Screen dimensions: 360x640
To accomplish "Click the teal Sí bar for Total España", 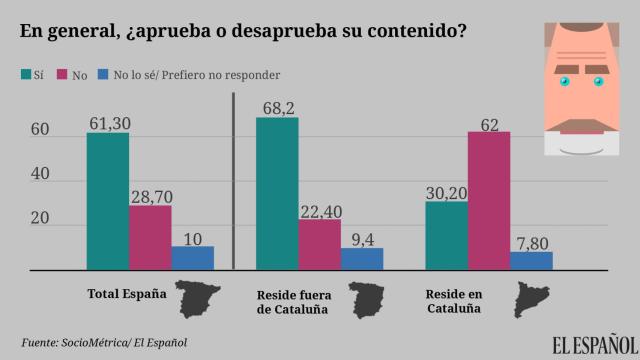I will (x=107, y=201).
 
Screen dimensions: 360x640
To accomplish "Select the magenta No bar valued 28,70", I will (x=150, y=237).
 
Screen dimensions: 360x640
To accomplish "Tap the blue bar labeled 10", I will (x=192, y=257).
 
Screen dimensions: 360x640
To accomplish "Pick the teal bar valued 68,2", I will (x=277, y=193).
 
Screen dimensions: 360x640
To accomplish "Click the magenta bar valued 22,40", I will (x=319, y=244).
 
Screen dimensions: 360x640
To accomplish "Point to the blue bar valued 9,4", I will (x=361, y=258).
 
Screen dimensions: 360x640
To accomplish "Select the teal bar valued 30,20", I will (x=446, y=235).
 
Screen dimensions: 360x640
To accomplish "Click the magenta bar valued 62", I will (x=488, y=200).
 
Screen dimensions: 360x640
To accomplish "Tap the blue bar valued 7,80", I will (x=530, y=260).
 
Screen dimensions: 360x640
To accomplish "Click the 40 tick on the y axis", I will (x=40, y=175).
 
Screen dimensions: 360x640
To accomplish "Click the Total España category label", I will (x=122, y=295).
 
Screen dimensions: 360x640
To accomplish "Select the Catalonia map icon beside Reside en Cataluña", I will (x=529, y=298).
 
